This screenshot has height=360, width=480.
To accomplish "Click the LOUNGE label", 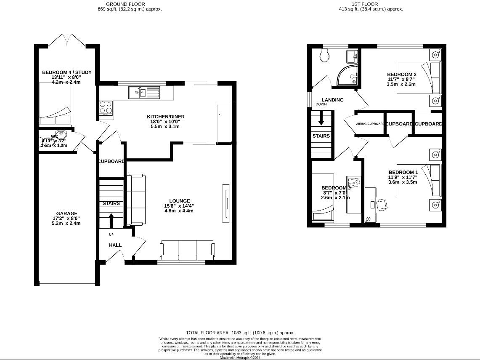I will point(180,201).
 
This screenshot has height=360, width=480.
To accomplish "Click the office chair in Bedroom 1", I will point(382,204).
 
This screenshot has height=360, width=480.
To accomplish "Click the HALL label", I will point(115,245).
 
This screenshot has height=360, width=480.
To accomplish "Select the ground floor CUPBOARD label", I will point(111,161).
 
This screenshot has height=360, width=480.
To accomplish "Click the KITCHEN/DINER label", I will point(166,117).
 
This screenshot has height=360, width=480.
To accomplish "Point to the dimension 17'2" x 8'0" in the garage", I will point(66,219).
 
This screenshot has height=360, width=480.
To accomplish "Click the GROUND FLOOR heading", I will point(125,4).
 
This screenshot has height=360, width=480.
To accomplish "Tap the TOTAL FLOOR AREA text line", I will point(240,333).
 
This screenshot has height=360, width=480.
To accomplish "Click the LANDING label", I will point(333,100).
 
